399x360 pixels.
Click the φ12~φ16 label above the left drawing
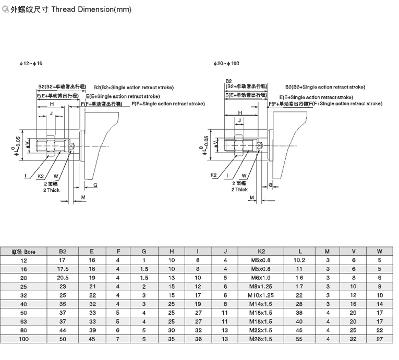(31, 64)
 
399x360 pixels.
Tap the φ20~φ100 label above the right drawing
(226, 64)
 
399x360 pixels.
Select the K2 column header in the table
(261, 251)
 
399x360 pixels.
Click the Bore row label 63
(22, 322)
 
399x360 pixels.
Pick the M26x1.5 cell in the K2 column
(261, 339)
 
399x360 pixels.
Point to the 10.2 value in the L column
(298, 259)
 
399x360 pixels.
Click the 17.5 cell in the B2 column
(63, 268)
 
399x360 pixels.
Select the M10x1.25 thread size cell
(261, 295)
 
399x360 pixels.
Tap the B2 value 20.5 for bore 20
(63, 277)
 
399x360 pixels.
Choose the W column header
(380, 251)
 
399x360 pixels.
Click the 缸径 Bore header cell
(22, 251)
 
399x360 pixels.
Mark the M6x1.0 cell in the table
(261, 277)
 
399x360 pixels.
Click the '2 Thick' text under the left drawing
(52, 190)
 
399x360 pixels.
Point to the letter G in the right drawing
(271, 185)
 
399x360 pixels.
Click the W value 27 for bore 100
(380, 339)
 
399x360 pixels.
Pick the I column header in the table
(198, 251)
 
